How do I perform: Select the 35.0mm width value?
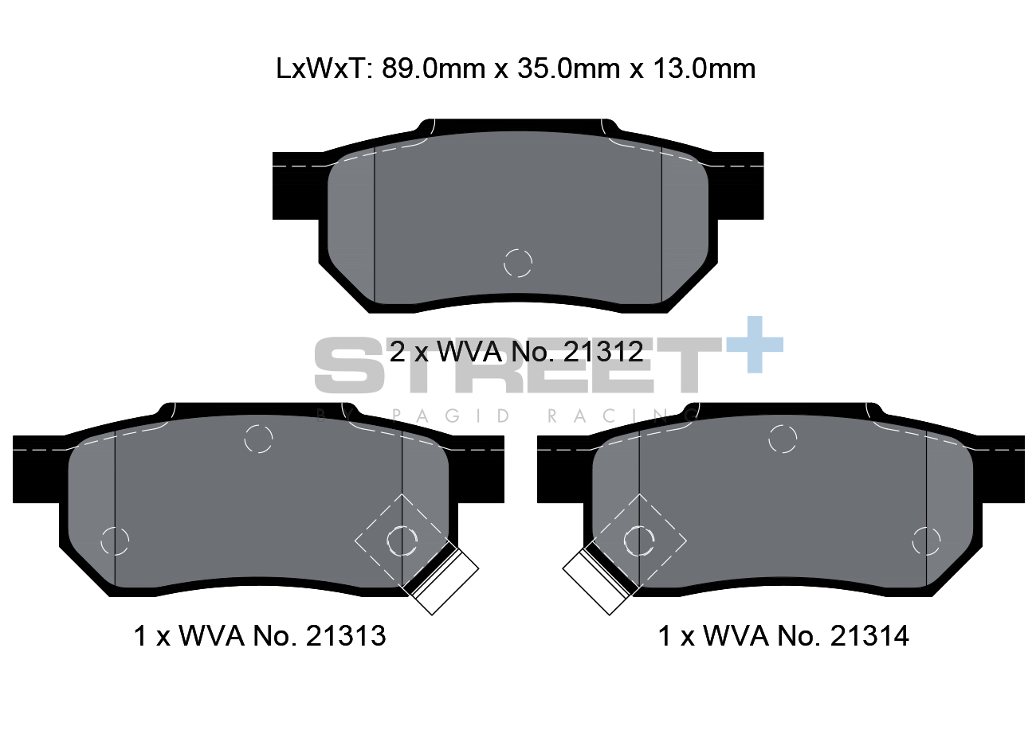pos(567,69)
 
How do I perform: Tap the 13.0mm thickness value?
pos(702,69)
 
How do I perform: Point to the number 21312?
pos(602,351)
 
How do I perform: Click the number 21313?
pos(345,636)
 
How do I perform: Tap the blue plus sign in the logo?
pos(754,345)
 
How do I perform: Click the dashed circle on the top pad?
pos(518,262)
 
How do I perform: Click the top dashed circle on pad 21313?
pos(258,439)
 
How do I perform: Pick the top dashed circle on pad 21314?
pos(783,439)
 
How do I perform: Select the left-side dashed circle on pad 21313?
pos(116,541)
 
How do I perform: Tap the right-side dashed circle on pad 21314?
pos(926,541)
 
